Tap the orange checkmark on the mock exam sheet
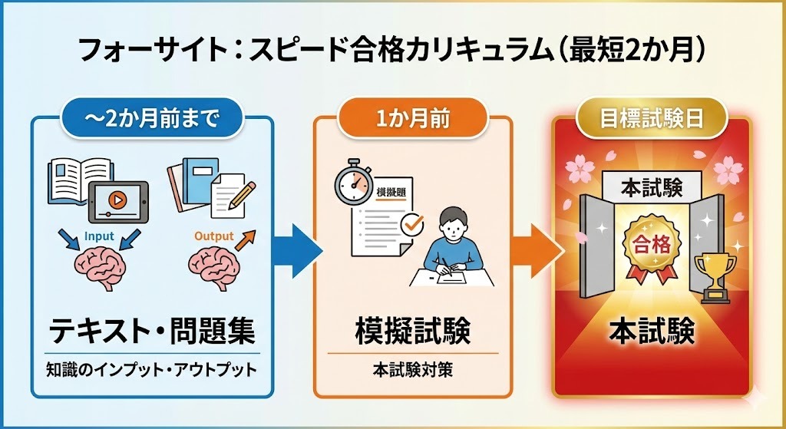[x=413, y=225]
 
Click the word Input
[x=100, y=237]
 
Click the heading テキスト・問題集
[x=151, y=332]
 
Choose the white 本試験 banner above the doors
[x=650, y=186]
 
